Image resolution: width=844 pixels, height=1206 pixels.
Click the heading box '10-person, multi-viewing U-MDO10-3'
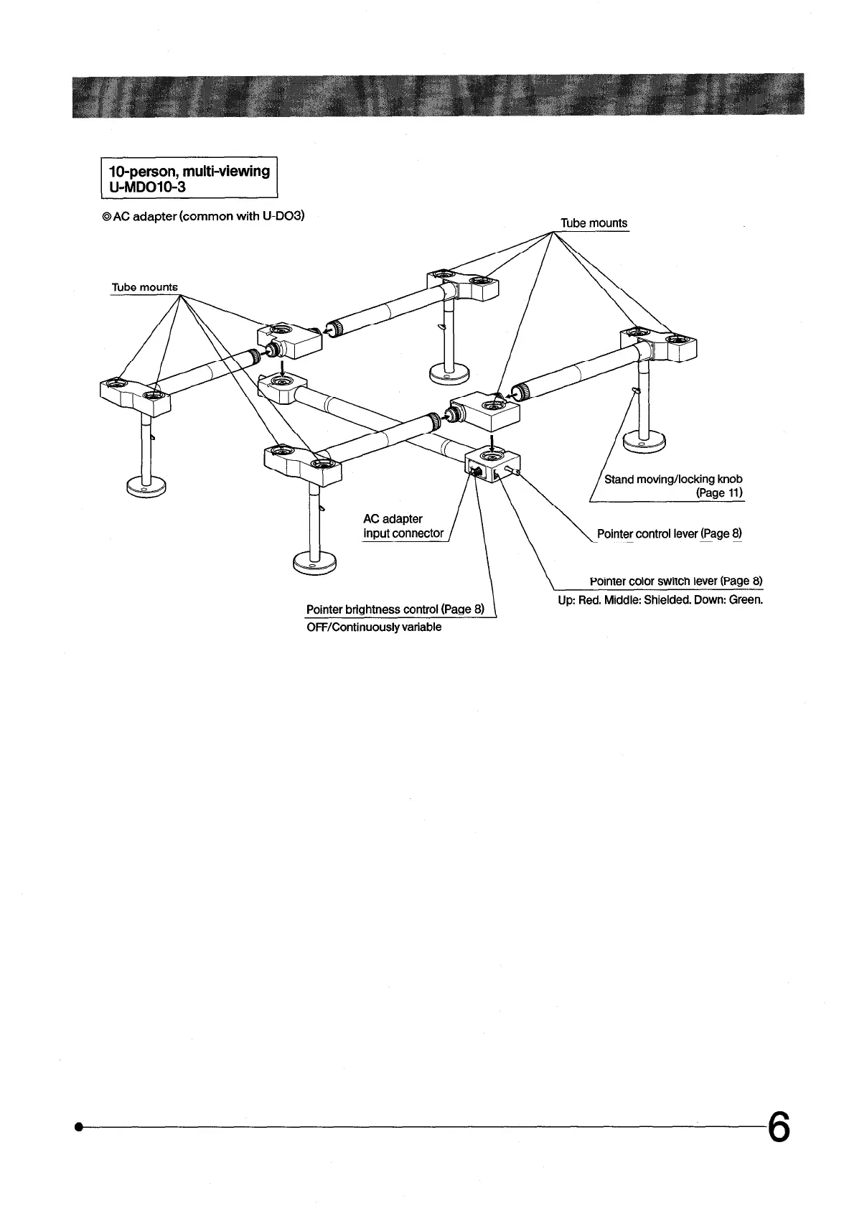(x=189, y=178)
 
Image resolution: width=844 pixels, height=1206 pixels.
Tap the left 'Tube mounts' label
(x=144, y=287)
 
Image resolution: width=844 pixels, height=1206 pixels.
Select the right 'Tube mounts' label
(x=594, y=223)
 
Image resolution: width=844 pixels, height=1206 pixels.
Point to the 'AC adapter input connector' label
(x=403, y=526)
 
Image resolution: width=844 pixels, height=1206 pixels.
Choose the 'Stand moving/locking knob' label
(x=673, y=479)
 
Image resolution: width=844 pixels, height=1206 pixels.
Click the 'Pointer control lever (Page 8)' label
(x=669, y=534)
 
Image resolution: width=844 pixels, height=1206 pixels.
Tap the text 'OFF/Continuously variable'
(x=374, y=627)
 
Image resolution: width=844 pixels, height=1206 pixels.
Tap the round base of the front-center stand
(x=314, y=561)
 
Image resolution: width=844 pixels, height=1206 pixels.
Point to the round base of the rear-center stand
(x=449, y=373)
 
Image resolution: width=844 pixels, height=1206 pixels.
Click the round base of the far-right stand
(x=644, y=441)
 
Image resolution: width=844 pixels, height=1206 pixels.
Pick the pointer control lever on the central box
(x=512, y=471)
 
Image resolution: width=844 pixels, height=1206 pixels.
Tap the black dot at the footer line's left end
(x=77, y=1128)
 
